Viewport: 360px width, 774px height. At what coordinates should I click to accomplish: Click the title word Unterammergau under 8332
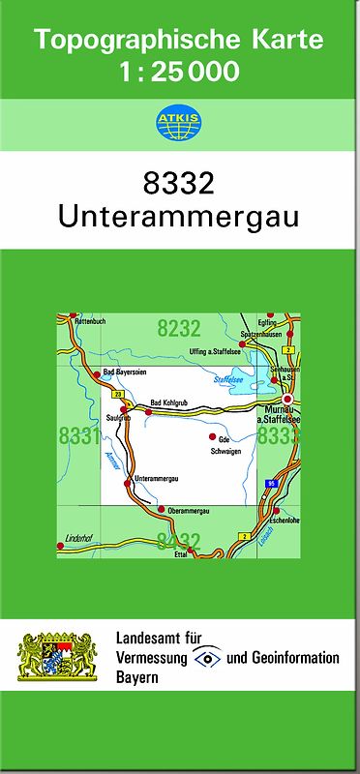click(178, 215)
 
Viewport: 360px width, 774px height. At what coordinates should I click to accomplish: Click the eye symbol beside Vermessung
click(207, 657)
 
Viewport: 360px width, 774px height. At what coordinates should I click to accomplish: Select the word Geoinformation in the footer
click(296, 658)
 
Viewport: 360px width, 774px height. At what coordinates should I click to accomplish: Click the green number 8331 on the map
click(78, 435)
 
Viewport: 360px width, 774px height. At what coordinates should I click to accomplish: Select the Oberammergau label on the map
click(189, 510)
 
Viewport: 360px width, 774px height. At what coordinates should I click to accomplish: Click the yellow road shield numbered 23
click(117, 395)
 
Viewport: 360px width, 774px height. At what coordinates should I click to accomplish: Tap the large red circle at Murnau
click(287, 399)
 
